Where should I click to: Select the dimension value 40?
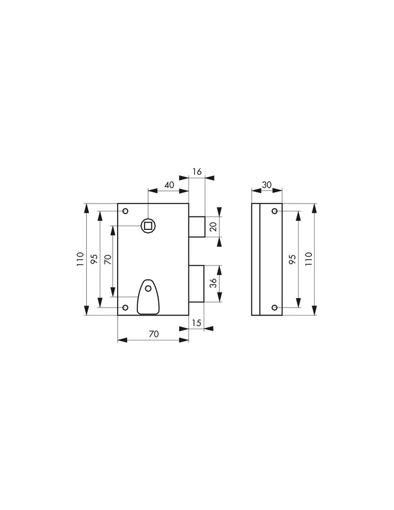168,185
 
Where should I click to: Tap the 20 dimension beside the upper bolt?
213,227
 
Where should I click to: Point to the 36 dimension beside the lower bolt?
213,283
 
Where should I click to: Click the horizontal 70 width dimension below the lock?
153,334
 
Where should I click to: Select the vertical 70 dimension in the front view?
107,260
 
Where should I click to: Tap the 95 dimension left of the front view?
94,259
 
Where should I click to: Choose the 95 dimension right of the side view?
292,259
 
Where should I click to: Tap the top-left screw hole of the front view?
126,211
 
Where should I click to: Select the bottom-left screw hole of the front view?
126,308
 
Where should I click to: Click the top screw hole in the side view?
274,211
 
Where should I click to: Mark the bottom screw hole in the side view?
274,308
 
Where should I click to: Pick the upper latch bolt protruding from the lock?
196,227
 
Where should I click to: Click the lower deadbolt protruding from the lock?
196,283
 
